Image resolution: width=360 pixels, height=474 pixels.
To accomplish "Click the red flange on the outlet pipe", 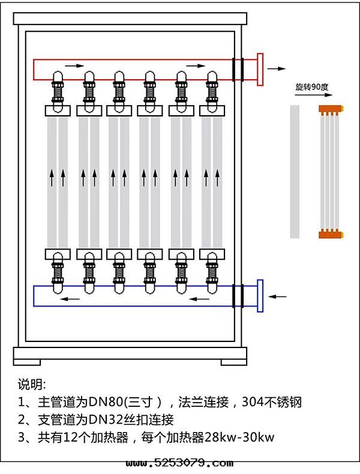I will (x=260, y=70).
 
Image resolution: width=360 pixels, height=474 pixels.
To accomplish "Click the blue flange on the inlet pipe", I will (x=260, y=296).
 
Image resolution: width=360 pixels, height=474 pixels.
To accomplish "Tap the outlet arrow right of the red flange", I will (x=277, y=69).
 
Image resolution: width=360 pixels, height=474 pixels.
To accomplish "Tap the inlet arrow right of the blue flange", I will (x=278, y=296).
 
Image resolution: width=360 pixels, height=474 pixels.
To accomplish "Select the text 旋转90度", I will (x=311, y=87).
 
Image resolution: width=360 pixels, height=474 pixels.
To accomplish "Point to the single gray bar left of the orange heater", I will (x=294, y=172).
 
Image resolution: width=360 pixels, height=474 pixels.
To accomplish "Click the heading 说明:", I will (x=32, y=384).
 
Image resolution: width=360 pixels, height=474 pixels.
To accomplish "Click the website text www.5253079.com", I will (x=179, y=463).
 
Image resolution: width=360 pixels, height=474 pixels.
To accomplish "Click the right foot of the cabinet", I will (x=232, y=362).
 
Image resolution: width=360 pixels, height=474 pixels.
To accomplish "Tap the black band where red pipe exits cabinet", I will (x=238, y=69).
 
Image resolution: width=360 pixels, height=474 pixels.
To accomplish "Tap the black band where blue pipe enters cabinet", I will (x=238, y=296).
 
